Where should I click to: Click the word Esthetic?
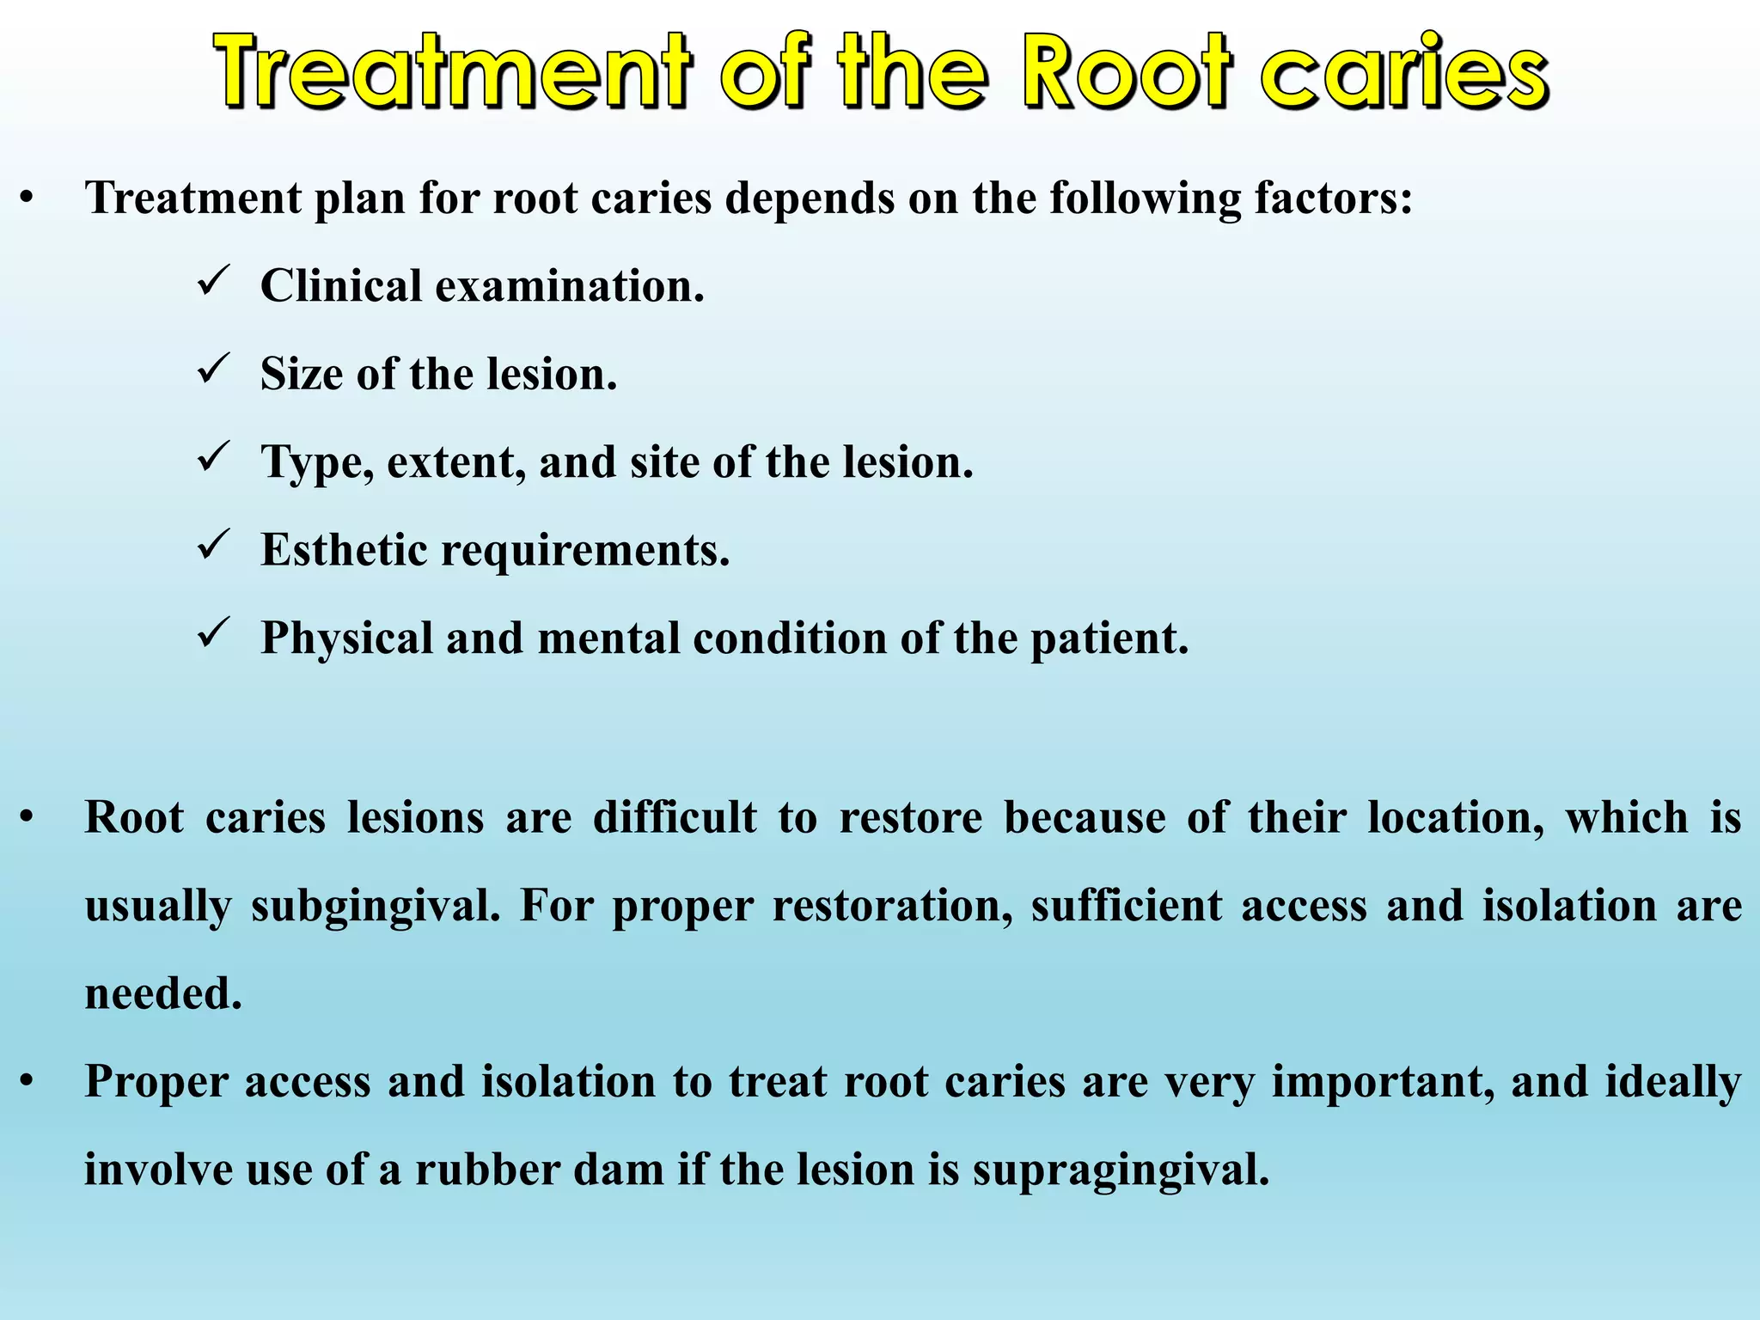(343, 549)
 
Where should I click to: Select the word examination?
(569, 286)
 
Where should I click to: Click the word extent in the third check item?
(455, 462)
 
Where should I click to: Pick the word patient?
(1109, 639)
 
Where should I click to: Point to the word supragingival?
(1121, 1171)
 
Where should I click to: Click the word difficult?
(675, 817)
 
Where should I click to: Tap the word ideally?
(1672, 1083)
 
